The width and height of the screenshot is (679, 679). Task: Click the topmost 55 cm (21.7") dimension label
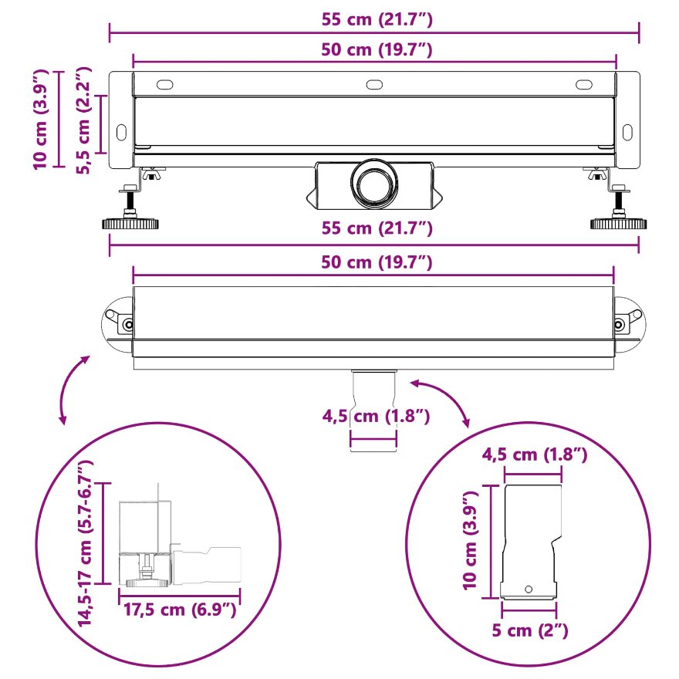tap(377, 19)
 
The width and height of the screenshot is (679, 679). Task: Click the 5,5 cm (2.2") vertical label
tap(83, 120)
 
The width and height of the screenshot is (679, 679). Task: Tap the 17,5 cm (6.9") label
tap(180, 610)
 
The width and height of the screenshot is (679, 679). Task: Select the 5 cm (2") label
tap(529, 630)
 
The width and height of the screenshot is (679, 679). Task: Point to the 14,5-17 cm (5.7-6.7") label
tap(86, 543)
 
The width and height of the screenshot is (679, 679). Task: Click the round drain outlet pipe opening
tap(374, 183)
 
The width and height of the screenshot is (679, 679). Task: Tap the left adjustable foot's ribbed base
tap(130, 224)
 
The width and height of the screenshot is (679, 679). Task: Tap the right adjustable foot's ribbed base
tap(618, 224)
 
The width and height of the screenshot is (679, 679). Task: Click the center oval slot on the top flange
tap(374, 84)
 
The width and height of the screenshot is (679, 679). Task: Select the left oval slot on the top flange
tap(164, 84)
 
